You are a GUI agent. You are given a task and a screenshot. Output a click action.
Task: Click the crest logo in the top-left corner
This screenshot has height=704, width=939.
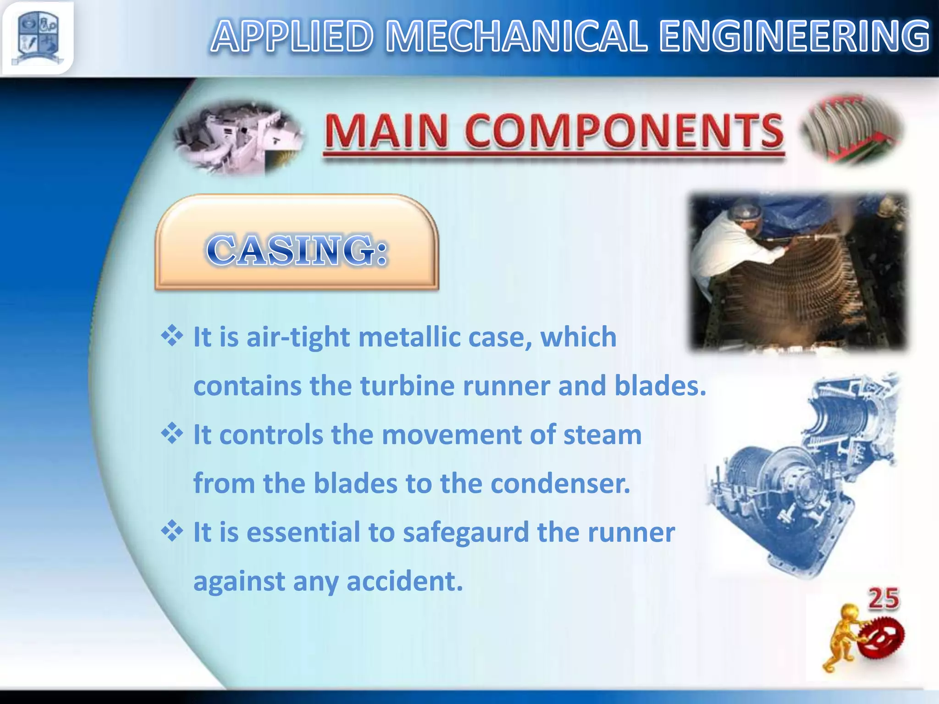pyautogui.click(x=38, y=38)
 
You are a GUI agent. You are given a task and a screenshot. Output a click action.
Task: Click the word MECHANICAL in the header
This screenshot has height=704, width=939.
pyautogui.click(x=516, y=37)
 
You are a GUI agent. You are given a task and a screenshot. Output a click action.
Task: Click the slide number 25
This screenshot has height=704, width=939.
pyautogui.click(x=884, y=599)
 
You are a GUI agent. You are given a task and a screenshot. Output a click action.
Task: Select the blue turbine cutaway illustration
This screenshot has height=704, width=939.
pyautogui.click(x=802, y=477)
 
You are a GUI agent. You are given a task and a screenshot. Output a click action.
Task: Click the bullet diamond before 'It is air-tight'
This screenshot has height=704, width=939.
pyautogui.click(x=172, y=336)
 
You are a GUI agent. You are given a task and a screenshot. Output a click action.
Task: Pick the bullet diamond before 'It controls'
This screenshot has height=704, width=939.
pyautogui.click(x=172, y=434)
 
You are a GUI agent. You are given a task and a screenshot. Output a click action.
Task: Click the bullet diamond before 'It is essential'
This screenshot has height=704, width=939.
pyautogui.click(x=172, y=531)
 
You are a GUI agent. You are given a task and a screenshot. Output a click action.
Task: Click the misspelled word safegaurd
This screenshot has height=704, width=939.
pyautogui.click(x=466, y=533)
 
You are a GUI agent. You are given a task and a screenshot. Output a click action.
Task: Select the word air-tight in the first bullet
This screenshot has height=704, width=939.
pyautogui.click(x=298, y=337)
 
